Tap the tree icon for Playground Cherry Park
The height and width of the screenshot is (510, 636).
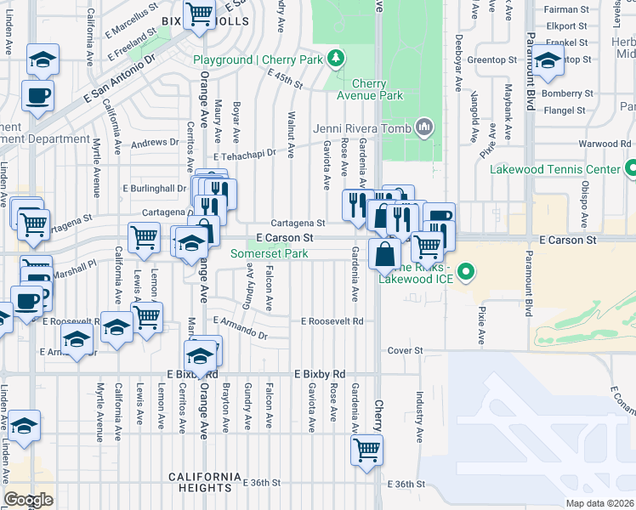coord(338,58)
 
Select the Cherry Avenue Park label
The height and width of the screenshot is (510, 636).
coord(378,90)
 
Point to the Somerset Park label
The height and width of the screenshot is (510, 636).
coord(270,254)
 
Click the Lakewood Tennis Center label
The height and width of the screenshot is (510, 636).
coord(555,169)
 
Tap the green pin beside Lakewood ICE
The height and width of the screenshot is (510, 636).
coord(464,273)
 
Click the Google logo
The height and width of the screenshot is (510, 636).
coord(28,500)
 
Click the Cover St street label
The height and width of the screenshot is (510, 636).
coord(405,350)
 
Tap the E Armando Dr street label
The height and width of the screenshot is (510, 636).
coord(241,329)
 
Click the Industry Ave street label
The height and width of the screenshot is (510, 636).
coord(419,416)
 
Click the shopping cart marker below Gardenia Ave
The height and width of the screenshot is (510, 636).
coord(366,449)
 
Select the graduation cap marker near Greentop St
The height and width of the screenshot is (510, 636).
coord(548,60)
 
